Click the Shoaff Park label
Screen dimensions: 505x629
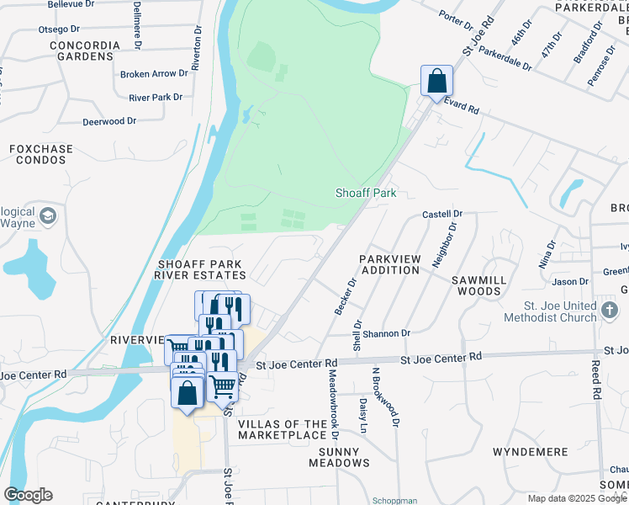tap(367, 193)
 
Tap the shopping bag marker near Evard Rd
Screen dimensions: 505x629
tap(436, 82)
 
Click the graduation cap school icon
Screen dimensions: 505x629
tap(47, 215)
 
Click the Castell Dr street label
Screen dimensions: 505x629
tap(442, 215)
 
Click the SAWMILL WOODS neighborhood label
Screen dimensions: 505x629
tap(479, 284)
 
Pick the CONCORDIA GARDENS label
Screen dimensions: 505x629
tap(81, 50)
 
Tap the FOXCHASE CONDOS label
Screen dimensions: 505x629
tap(41, 154)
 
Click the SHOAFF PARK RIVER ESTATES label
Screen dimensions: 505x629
tap(201, 269)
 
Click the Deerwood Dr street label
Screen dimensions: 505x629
tap(109, 121)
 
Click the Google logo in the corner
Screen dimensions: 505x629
tap(29, 494)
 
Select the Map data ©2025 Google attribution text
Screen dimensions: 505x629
tap(577, 498)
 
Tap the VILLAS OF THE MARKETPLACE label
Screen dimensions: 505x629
tap(281, 429)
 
